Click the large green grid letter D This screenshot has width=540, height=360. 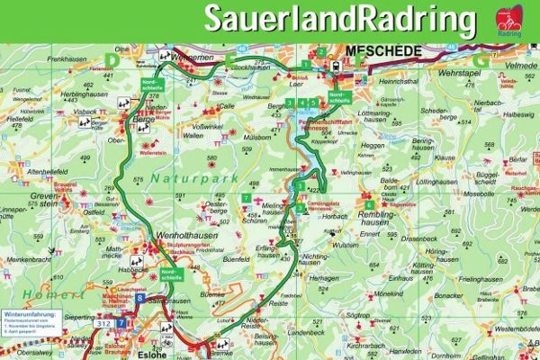113,59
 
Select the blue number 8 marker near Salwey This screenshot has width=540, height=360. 140,298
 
